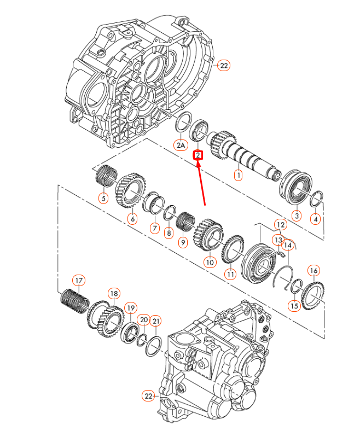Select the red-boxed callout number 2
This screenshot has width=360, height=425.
pos(198,155)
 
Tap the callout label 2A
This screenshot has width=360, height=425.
pos(181,145)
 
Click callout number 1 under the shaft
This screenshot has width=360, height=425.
pos(238,176)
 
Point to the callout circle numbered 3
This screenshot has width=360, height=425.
pos(296,216)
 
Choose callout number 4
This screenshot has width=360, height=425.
pos(315,219)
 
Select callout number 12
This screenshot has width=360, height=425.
pos(280,225)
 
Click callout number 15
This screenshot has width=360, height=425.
pos(294,306)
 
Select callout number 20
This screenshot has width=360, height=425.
pos(143,319)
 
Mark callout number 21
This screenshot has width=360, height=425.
pos(156,321)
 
